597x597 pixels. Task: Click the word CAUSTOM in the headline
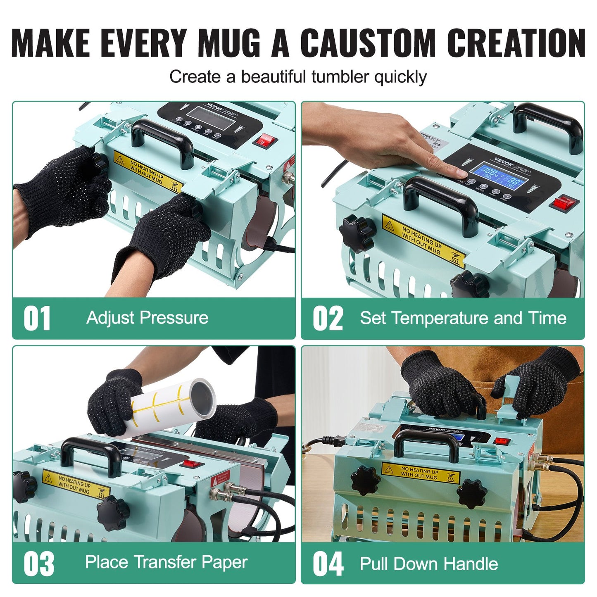point(367,43)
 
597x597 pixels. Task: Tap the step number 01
point(37,319)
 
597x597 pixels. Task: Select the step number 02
point(328,319)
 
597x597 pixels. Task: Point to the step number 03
point(38,564)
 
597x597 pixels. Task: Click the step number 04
point(328,564)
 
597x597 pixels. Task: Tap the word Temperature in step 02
point(440,319)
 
